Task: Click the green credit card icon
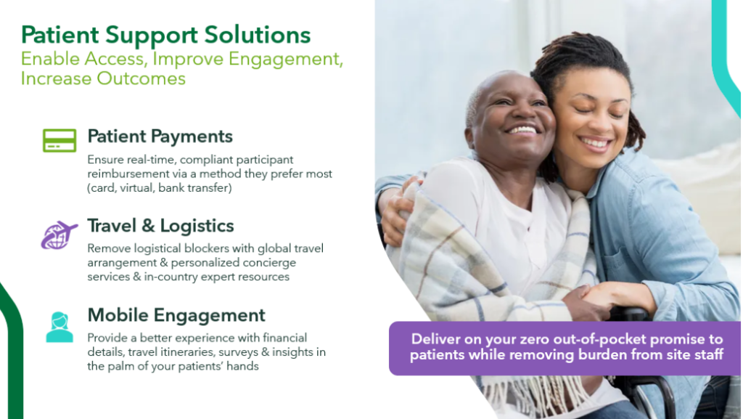pyautogui.click(x=59, y=140)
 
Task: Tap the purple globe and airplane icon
pyautogui.click(x=59, y=235)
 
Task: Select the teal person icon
pyautogui.click(x=59, y=327)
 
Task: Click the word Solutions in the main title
pyautogui.click(x=258, y=35)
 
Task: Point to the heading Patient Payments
pyautogui.click(x=160, y=137)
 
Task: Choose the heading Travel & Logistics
pyautogui.click(x=160, y=226)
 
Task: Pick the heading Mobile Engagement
pyautogui.click(x=176, y=316)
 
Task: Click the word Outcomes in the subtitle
pyautogui.click(x=141, y=78)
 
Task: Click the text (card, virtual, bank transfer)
pyautogui.click(x=160, y=188)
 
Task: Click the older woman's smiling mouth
pyautogui.click(x=522, y=129)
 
